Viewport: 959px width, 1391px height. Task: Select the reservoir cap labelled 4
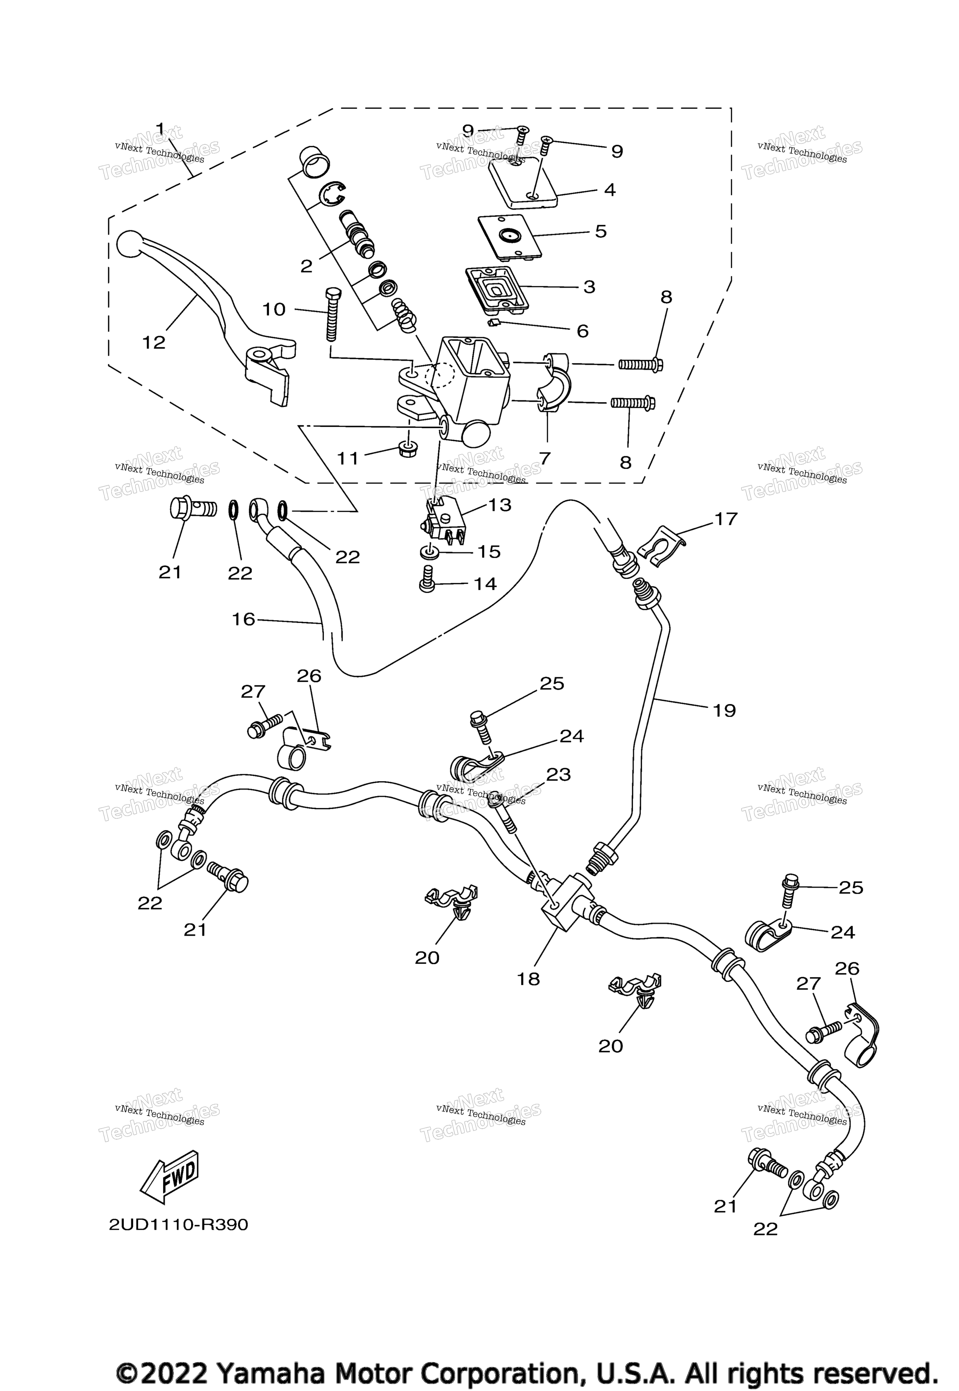tap(522, 183)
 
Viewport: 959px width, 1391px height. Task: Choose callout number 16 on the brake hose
tap(243, 619)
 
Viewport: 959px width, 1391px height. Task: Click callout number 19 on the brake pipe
tap(725, 711)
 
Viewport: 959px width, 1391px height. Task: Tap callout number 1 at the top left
tap(160, 128)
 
